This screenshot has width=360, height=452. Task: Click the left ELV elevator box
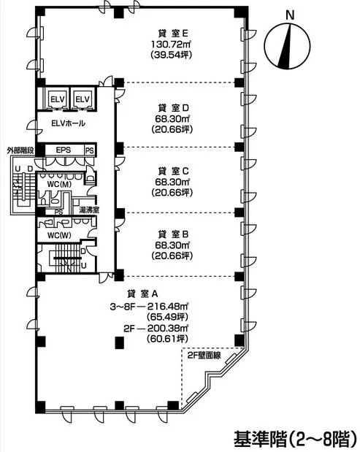coord(58,99)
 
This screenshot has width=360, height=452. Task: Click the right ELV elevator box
coord(82,99)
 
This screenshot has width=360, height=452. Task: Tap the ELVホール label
coord(69,123)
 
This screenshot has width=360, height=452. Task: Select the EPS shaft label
coord(64,150)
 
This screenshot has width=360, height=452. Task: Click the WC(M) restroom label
coord(59,184)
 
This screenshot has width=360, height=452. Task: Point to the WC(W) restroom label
coord(59,235)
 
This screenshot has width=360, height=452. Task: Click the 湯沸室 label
coord(89,210)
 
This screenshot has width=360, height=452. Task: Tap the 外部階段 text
coord(21,150)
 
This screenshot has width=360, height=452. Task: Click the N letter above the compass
coord(290,15)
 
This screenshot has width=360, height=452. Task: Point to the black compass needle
coord(285,46)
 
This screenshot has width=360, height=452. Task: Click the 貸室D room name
coord(173,108)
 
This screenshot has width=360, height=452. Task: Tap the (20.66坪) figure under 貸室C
coord(172,192)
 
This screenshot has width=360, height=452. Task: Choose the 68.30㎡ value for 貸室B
coord(172,245)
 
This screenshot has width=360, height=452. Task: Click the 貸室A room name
coord(142,294)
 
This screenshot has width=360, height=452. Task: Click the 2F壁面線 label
coord(204,356)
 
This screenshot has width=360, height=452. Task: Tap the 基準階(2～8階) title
coord(296,438)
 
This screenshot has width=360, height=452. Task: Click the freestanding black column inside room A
coord(119,342)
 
